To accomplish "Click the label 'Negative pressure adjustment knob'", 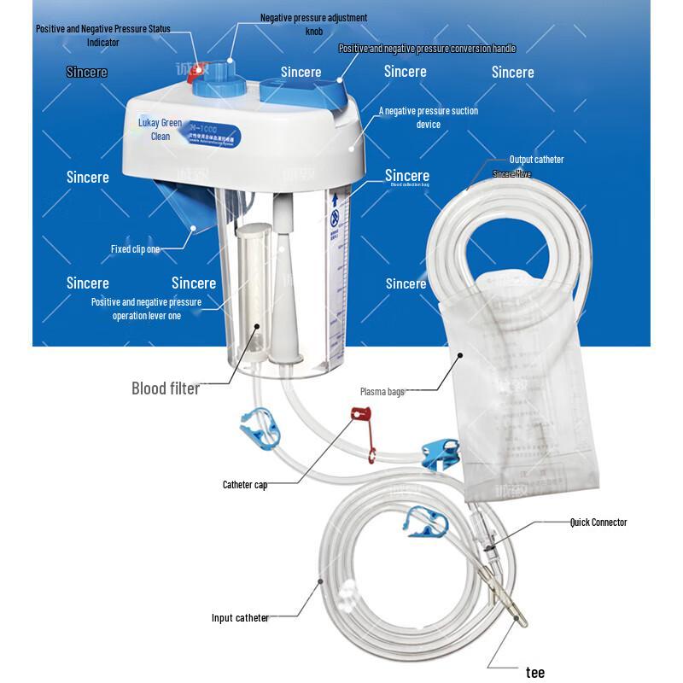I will (x=313, y=23).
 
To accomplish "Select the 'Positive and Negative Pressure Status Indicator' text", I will (x=102, y=35).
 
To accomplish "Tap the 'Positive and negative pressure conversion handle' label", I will (x=427, y=49).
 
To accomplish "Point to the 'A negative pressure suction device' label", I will (x=429, y=118).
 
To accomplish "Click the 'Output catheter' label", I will (x=536, y=160).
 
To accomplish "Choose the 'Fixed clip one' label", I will (x=135, y=249).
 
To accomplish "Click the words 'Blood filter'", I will (x=165, y=388).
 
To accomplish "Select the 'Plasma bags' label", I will (x=382, y=392).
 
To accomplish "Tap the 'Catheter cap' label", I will (x=245, y=485).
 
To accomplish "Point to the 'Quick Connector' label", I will (x=598, y=522).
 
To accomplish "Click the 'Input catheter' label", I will (x=240, y=618).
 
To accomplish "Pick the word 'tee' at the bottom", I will (x=534, y=672).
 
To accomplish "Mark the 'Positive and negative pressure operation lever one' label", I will (x=146, y=309).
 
